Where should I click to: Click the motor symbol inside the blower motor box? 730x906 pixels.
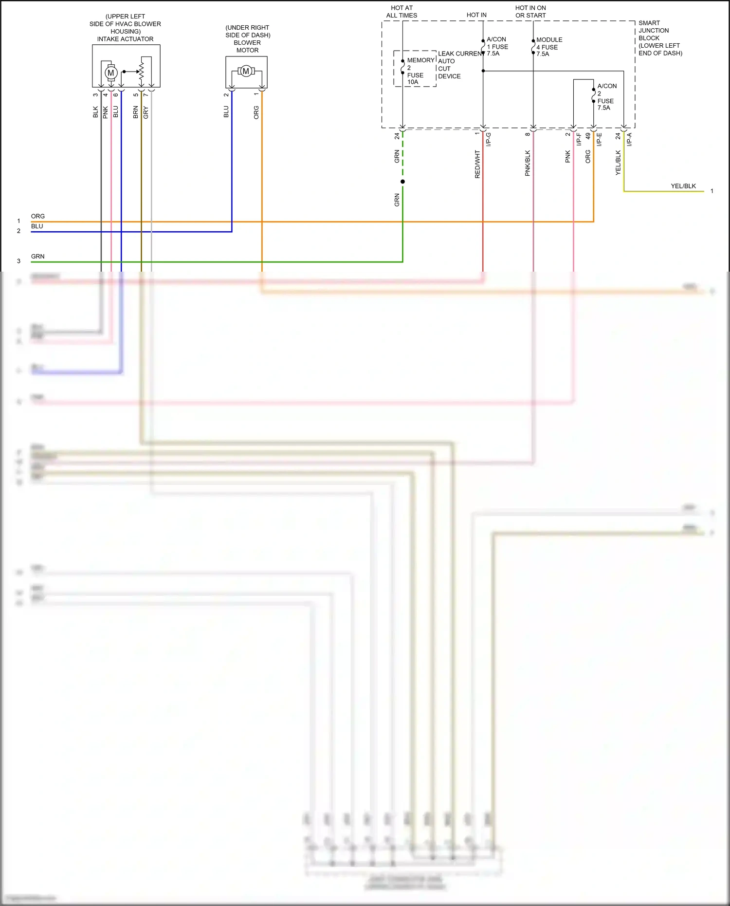click(x=246, y=71)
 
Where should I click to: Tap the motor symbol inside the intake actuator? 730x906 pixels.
click(x=111, y=73)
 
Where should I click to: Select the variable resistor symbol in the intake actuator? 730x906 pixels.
click(x=141, y=72)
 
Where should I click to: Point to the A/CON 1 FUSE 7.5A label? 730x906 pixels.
click(x=497, y=46)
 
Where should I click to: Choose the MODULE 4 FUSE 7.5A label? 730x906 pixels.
click(x=548, y=47)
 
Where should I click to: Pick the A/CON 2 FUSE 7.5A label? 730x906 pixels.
click(x=606, y=97)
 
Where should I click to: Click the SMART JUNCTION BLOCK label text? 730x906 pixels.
click(x=659, y=38)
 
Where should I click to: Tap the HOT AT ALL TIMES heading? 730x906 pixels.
click(x=401, y=12)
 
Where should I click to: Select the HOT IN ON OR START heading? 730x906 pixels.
click(x=530, y=12)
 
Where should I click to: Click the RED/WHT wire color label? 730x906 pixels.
click(x=477, y=164)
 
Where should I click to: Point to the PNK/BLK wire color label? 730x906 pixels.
click(x=528, y=163)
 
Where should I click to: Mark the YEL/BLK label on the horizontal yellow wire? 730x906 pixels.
click(x=683, y=186)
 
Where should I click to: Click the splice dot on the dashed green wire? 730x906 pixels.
click(x=402, y=182)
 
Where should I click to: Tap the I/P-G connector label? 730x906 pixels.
click(x=488, y=140)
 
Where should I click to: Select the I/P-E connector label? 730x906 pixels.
click(x=599, y=140)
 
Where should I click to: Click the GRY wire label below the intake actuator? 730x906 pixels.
click(x=146, y=112)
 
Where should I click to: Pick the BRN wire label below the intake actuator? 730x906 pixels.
click(x=136, y=112)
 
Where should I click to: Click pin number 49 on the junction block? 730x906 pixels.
click(x=588, y=136)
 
